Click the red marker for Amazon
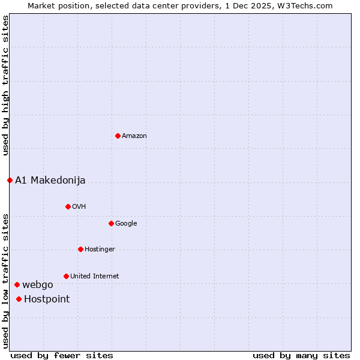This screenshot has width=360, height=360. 118,136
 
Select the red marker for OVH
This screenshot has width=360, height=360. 68,206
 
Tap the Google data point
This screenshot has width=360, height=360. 111,223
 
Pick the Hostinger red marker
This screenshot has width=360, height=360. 80,249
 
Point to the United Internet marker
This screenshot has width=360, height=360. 66,276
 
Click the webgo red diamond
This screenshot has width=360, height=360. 17,284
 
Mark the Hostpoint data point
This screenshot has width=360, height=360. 19,299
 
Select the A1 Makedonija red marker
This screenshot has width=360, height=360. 10,180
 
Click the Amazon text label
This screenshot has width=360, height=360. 134,136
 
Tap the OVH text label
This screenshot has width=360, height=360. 79,206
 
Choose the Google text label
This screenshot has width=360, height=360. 126,223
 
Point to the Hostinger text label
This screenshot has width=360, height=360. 100,249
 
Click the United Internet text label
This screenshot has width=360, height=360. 94,276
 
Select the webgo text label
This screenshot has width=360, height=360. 37,284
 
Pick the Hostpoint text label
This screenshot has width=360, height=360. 47,299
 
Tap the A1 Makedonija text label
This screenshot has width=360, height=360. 50,180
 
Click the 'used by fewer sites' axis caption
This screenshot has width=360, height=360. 62,355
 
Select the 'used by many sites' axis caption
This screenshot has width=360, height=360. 301,355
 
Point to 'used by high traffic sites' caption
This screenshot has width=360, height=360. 5,85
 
